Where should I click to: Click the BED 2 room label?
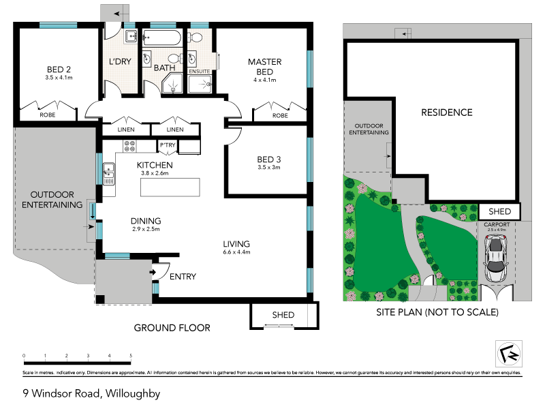coord(59,69)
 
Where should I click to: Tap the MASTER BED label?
coord(264,67)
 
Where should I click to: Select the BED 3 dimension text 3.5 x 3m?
coord(269,167)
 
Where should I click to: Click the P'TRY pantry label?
coord(168,145)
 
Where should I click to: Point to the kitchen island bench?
coord(171,187)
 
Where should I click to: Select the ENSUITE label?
coord(199,71)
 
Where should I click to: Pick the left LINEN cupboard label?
coord(126,130)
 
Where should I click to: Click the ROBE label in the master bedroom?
coord(280,116)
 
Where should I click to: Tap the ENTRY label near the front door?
coord(183,276)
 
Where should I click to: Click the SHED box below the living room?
coord(283,315)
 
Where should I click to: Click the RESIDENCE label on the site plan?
coord(446,112)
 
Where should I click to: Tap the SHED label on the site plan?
coord(499,211)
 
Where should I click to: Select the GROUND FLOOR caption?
coord(172,328)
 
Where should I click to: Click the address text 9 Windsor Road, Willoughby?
coord(91,393)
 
